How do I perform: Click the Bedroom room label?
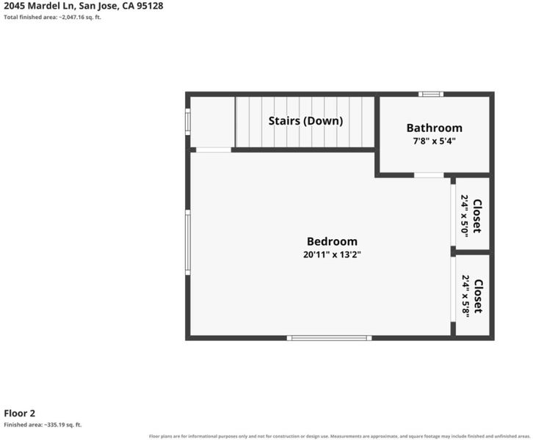point(332,241)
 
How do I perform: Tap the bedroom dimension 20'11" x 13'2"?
point(332,254)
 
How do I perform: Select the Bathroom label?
point(435,128)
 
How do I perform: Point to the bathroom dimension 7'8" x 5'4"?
point(435,141)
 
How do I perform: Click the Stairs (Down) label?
point(305,121)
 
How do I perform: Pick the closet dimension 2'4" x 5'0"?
point(465,216)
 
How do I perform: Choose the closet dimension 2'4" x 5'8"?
point(465,296)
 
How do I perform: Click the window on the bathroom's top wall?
point(431,94)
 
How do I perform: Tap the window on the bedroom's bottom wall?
point(330,338)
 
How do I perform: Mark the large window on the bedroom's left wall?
point(188,243)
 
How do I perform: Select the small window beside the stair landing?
point(188,122)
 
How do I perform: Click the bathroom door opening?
point(429,175)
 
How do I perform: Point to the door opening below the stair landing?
point(214,150)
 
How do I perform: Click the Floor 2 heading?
point(19,413)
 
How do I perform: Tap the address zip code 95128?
point(150,6)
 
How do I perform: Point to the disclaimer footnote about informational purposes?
point(340,436)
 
